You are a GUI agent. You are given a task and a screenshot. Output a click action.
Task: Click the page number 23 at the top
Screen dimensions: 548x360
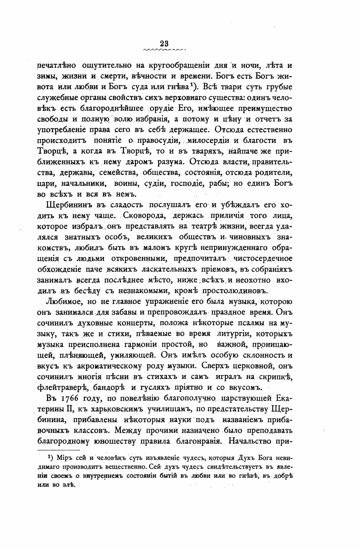pyautogui.click(x=165, y=43)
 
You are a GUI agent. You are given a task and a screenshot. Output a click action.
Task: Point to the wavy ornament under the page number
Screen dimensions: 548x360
pyautogui.click(x=165, y=50)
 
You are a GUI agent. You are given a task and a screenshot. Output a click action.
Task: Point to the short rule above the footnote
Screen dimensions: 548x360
pyautogui.click(x=58, y=450)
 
